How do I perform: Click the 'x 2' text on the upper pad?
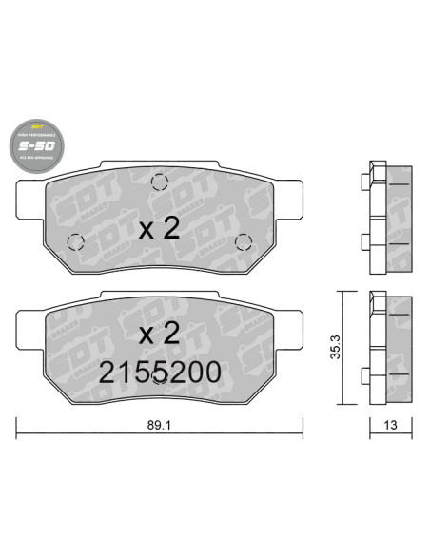click(x=160, y=227)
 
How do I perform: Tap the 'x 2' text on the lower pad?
click(x=160, y=334)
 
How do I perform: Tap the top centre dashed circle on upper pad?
click(x=159, y=184)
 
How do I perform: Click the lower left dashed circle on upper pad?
click(x=74, y=241)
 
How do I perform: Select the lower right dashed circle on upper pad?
click(x=243, y=240)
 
